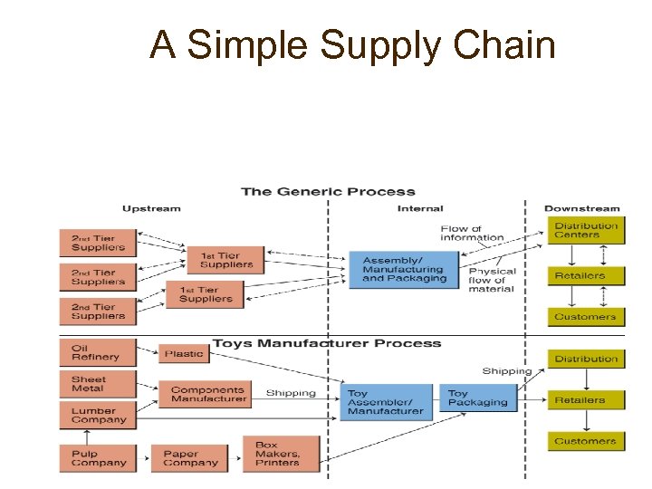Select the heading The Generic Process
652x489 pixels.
pyautogui.click(x=328, y=192)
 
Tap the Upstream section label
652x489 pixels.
pyautogui.click(x=151, y=208)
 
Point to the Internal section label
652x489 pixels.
pyautogui.click(x=420, y=208)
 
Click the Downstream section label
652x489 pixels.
pyautogui.click(x=581, y=208)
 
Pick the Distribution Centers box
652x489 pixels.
pyautogui.click(x=586, y=230)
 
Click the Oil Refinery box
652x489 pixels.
pyautogui.click(x=97, y=352)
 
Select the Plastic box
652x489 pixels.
pyautogui.click(x=184, y=354)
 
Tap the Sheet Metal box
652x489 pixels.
pyautogui.click(x=97, y=384)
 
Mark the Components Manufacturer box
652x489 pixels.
pyautogui.click(x=207, y=394)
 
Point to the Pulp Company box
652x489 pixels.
pyautogui.click(x=97, y=457)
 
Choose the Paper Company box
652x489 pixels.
pyautogui.click(x=192, y=457)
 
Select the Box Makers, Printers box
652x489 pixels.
pyautogui.click(x=281, y=454)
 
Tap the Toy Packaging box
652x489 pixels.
pyautogui.click(x=479, y=398)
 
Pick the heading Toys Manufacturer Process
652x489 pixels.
pyautogui.click(x=327, y=343)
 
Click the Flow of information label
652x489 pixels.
pyautogui.click(x=472, y=234)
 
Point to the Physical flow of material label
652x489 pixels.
pyautogui.click(x=492, y=280)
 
